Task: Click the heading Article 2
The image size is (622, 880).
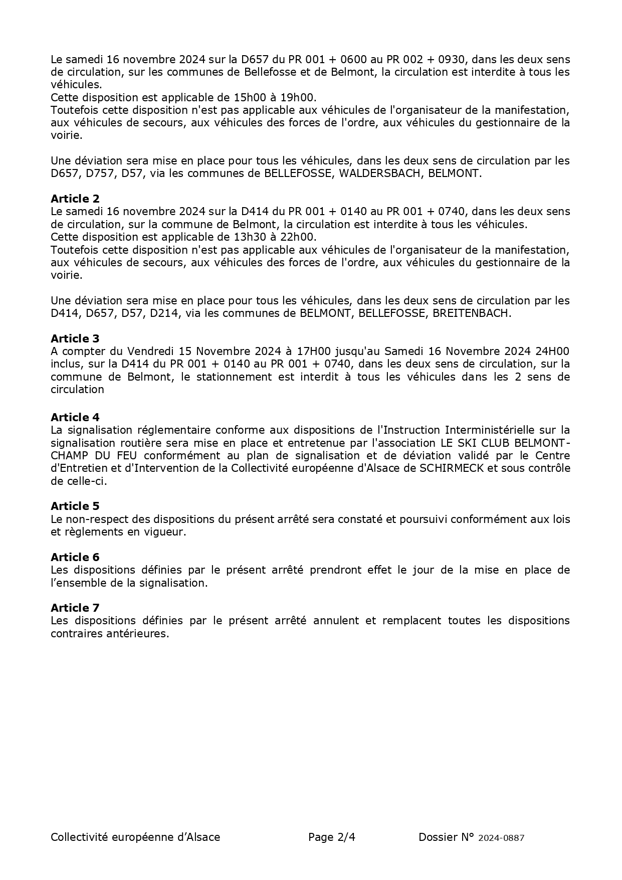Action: coord(75,199)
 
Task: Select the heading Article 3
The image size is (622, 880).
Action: coord(75,338)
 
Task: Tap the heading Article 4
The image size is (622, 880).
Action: coord(75,417)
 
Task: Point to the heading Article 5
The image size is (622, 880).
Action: coord(75,506)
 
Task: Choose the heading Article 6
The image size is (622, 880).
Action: coord(75,557)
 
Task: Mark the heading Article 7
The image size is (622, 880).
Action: coord(75,608)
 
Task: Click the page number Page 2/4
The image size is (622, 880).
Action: coord(332,837)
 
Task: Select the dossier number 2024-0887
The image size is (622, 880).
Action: coord(501,837)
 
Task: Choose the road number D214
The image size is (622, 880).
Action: coord(164,313)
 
